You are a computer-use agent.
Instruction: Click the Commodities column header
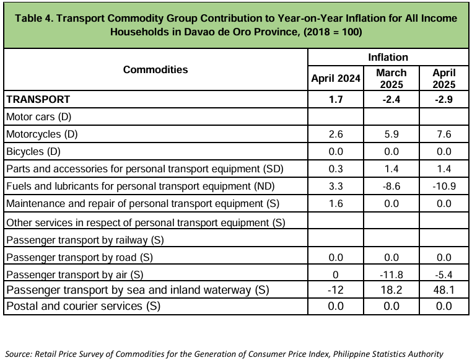pos(155,69)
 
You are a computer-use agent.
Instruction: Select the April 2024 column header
pos(336,78)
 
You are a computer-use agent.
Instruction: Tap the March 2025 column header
pos(391,79)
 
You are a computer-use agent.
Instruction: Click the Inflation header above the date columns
pos(388,57)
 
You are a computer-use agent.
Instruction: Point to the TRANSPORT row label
pos(38,99)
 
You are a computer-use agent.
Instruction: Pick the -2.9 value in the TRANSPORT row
pos(444,99)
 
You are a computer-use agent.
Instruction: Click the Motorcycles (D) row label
pos(42,134)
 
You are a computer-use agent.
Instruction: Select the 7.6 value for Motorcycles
pos(444,134)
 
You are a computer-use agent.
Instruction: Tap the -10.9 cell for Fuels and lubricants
pos(444,186)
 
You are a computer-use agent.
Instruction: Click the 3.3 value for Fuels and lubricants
pos(336,186)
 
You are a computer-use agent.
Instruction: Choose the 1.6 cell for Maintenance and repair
pos(336,203)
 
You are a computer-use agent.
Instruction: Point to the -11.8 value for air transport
pos(391,274)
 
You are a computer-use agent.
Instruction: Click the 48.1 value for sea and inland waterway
pos(444,290)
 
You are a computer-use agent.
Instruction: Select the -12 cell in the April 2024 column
pos(335,290)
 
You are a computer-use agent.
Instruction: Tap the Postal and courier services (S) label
pos(84,306)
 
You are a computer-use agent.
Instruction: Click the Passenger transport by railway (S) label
pos(85,240)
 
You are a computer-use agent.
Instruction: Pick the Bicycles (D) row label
pos(33,151)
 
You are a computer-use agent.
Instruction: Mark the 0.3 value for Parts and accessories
pos(336,169)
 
